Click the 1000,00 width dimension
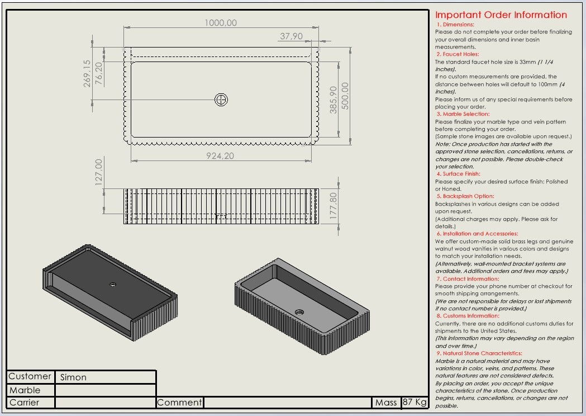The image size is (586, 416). coord(220,23)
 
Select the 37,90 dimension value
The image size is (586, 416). coord(291,36)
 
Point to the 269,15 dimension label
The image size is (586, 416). coord(87,73)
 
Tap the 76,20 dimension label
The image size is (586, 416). coord(99,73)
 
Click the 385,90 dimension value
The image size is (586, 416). coord(334,100)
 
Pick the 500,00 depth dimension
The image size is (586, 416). coord(345,96)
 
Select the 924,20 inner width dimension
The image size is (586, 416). coord(220,156)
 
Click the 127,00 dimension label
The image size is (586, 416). coord(99,172)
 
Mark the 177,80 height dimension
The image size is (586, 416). coord(334,206)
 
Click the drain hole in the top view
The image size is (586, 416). coord(222,100)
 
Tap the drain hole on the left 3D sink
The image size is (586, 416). coord(113,285)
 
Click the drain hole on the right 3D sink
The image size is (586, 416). coord(299,312)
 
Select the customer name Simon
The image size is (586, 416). coord(73,377)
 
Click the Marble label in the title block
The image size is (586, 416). coord(25,390)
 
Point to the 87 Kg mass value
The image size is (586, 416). coord(415,403)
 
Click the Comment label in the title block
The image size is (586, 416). coord(179,403)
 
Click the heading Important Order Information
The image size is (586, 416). coord(501,15)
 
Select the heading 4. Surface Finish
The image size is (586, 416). coord(458,174)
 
